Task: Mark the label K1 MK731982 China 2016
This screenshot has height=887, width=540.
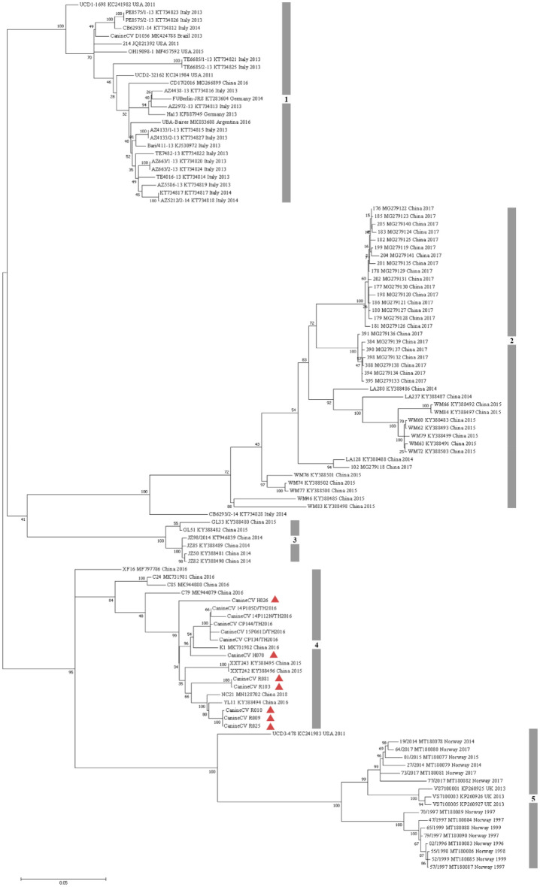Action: pyautogui.click(x=243, y=646)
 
